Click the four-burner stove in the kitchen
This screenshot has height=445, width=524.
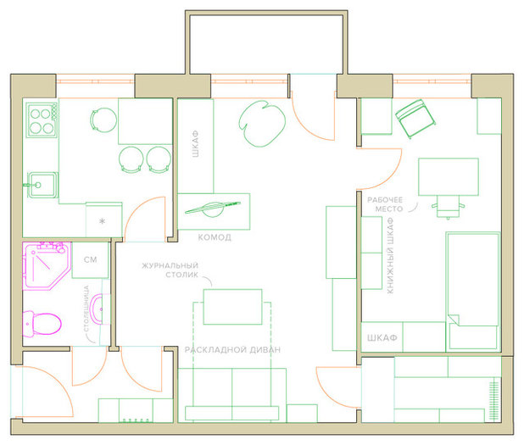(x=42, y=120)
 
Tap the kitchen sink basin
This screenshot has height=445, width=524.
(x=42, y=185)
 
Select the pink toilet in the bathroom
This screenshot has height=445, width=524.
(x=42, y=324)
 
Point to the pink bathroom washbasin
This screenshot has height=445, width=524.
(x=98, y=309)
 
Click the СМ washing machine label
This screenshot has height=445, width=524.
(x=90, y=259)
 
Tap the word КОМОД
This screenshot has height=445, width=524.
(x=215, y=237)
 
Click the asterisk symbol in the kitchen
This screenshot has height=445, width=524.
(x=103, y=221)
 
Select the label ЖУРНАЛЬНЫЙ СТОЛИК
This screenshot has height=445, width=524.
(x=170, y=270)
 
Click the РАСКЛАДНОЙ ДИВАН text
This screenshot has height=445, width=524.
(x=232, y=350)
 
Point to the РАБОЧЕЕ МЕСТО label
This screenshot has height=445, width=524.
(x=385, y=204)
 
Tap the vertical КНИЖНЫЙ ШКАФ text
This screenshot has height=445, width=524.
(x=390, y=256)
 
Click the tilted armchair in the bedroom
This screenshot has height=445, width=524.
(x=415, y=119)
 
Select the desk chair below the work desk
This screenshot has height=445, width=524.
(x=448, y=207)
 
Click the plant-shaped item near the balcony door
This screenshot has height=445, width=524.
(x=262, y=124)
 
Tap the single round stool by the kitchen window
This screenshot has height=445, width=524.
(x=103, y=120)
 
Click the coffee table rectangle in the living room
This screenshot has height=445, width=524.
(x=232, y=307)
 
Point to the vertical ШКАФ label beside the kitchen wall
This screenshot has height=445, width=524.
(x=196, y=144)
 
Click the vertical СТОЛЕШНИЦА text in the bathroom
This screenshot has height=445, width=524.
(x=86, y=309)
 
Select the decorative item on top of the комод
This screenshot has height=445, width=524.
(x=213, y=209)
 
